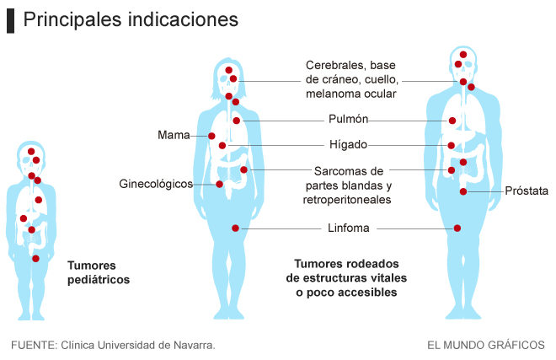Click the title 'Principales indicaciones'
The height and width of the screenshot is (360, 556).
point(131,19)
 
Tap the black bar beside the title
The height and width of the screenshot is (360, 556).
point(10,20)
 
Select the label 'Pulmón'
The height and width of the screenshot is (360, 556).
point(348,119)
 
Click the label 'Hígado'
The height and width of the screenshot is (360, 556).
point(348,144)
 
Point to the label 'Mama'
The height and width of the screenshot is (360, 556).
point(173,135)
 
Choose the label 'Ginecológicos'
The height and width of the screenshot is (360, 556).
point(156,184)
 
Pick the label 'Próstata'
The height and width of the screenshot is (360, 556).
point(527,191)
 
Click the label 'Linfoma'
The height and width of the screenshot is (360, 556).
point(349,228)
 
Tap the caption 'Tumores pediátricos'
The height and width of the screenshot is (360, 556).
point(99,272)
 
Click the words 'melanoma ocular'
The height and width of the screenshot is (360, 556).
point(350,94)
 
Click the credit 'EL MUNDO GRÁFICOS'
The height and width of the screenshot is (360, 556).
point(485,345)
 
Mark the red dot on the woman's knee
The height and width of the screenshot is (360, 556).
point(235,228)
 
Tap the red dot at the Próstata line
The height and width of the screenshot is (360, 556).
point(463,191)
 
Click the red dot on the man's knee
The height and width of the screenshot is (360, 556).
point(457,228)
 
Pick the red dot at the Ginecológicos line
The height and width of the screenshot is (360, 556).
point(219,184)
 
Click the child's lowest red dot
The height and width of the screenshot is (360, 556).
point(35,259)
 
